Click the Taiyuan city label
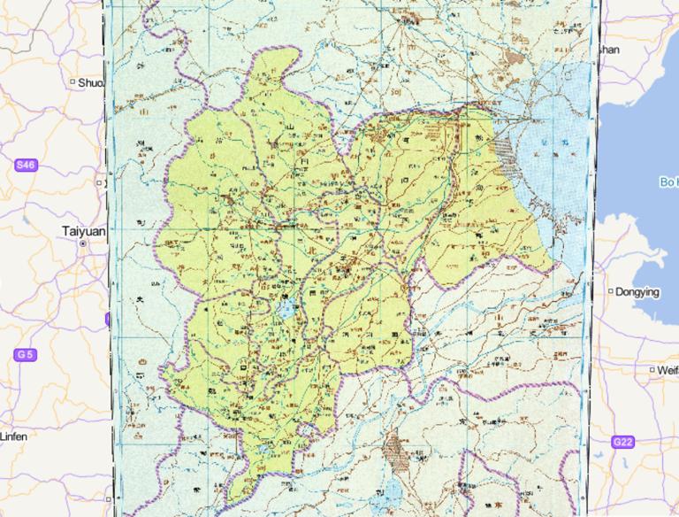(x=83, y=230)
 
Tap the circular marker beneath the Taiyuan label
(x=83, y=242)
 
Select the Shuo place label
(x=90, y=82)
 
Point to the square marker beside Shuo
(x=72, y=82)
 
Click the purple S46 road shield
(x=26, y=165)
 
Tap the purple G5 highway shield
(x=25, y=354)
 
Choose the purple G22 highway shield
(x=623, y=442)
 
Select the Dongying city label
(x=637, y=291)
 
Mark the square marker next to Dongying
(x=610, y=291)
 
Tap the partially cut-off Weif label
(x=668, y=370)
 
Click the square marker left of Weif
(x=652, y=370)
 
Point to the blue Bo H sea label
(x=668, y=181)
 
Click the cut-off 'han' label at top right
(x=610, y=50)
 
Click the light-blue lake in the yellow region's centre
(x=286, y=310)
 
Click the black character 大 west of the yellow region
(x=138, y=302)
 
